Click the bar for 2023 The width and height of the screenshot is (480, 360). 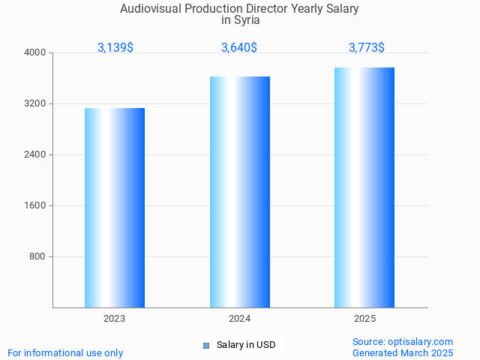click(115, 208)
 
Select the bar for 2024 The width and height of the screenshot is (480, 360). click(240, 192)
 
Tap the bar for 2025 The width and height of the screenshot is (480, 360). click(364, 187)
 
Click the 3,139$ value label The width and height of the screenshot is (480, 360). click(115, 47)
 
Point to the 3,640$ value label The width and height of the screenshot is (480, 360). click(239, 47)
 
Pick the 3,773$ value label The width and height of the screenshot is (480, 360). click(367, 47)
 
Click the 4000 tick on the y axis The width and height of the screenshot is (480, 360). click(35, 52)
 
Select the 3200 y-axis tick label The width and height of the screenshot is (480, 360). click(35, 103)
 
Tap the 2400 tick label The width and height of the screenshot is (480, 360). click(35, 154)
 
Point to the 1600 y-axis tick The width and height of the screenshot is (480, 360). click(35, 205)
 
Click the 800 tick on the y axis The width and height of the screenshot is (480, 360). click(37, 256)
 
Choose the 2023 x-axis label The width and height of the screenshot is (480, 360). click(115, 319)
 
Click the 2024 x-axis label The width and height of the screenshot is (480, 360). click(240, 319)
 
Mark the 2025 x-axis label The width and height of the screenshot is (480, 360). click(364, 319)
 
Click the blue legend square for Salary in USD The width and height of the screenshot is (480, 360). click(206, 346)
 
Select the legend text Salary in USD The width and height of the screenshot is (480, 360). click(246, 345)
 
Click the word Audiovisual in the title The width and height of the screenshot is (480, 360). click(150, 9)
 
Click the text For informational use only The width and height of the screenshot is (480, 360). click(65, 352)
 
